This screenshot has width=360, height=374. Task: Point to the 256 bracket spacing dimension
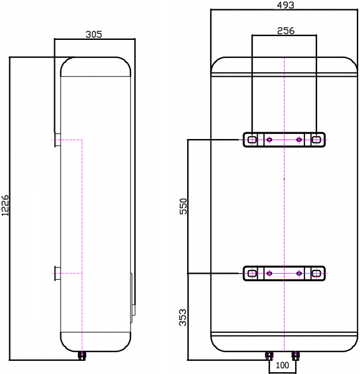285,30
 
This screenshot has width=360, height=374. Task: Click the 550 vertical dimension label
183,207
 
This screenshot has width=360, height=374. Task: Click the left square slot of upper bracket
251,140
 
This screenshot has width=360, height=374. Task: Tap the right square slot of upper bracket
317,140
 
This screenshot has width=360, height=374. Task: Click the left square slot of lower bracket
251,273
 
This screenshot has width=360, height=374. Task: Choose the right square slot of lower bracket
317,273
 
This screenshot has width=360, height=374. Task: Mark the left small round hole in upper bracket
269,140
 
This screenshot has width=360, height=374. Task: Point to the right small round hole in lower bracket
299,273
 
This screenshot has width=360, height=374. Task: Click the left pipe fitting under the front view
269,357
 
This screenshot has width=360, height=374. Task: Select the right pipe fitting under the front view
296,357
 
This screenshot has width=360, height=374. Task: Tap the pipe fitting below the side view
82,356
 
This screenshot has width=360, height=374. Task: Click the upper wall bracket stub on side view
57,140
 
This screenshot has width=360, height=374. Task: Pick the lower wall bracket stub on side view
57,274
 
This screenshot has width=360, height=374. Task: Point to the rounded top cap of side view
95,66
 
